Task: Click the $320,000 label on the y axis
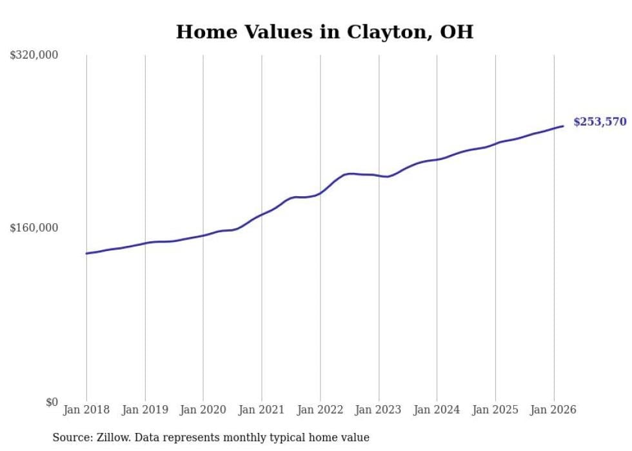[34, 55]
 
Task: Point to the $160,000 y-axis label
[34, 228]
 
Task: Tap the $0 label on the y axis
[51, 402]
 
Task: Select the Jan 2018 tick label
[86, 410]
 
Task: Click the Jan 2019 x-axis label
[145, 410]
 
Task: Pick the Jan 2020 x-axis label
[203, 410]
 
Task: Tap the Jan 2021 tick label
[262, 410]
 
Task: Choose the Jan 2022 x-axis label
[320, 410]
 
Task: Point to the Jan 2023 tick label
[379, 410]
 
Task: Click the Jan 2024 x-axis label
[437, 410]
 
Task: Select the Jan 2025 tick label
[495, 410]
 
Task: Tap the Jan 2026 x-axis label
[553, 410]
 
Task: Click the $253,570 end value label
[599, 122]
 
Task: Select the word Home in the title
[201, 32]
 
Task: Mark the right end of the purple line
[564, 126]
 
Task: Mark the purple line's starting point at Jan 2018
[86, 253]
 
